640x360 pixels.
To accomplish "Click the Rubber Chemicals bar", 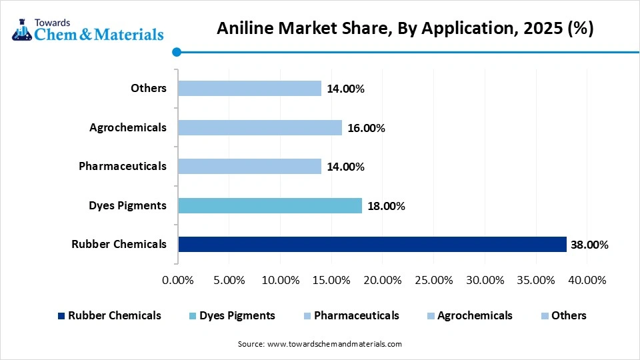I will click(x=372, y=244).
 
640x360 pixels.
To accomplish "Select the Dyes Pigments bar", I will click(x=269, y=205).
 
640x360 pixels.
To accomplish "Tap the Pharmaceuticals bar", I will click(x=249, y=166).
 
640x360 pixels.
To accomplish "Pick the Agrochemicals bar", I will click(x=259, y=127).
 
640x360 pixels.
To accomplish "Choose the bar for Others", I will click(x=249, y=89).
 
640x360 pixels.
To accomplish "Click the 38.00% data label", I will click(x=589, y=245).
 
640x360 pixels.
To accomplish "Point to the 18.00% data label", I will click(x=385, y=206).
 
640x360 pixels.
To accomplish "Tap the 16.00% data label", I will click(x=365, y=128).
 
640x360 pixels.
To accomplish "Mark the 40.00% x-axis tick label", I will click(x=587, y=280).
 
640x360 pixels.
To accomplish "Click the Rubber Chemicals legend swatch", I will click(x=61, y=316).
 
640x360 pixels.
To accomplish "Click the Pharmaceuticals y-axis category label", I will click(x=122, y=166).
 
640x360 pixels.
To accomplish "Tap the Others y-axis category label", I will click(x=149, y=88).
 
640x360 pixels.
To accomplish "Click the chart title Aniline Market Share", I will click(x=405, y=29).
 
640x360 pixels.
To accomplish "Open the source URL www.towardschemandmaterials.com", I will click(x=334, y=345).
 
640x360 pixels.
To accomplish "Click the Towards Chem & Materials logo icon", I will click(x=21, y=29).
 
